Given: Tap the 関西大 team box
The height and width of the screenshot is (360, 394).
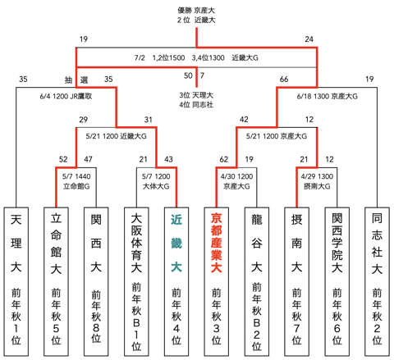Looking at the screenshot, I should pos(97,279).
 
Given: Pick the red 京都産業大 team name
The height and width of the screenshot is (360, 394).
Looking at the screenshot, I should pos(216,246).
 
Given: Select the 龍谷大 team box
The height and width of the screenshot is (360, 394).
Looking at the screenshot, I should pos(255,279).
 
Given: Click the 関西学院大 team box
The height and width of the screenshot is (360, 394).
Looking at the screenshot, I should pos(335,279).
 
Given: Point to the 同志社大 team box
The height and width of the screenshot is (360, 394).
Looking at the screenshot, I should pos(374,279).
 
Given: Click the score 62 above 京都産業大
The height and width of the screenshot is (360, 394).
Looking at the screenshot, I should pos(224,159).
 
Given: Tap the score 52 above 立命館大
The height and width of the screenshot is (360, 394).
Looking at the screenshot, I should pos(63,159).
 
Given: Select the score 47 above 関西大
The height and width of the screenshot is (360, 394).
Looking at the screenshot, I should pos(89,159).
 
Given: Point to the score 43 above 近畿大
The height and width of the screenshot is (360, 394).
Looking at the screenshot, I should pos(169,159).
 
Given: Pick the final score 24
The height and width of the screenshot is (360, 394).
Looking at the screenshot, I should pos(309,39).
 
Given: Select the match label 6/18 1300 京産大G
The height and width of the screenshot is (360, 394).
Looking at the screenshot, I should pos(327,95).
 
